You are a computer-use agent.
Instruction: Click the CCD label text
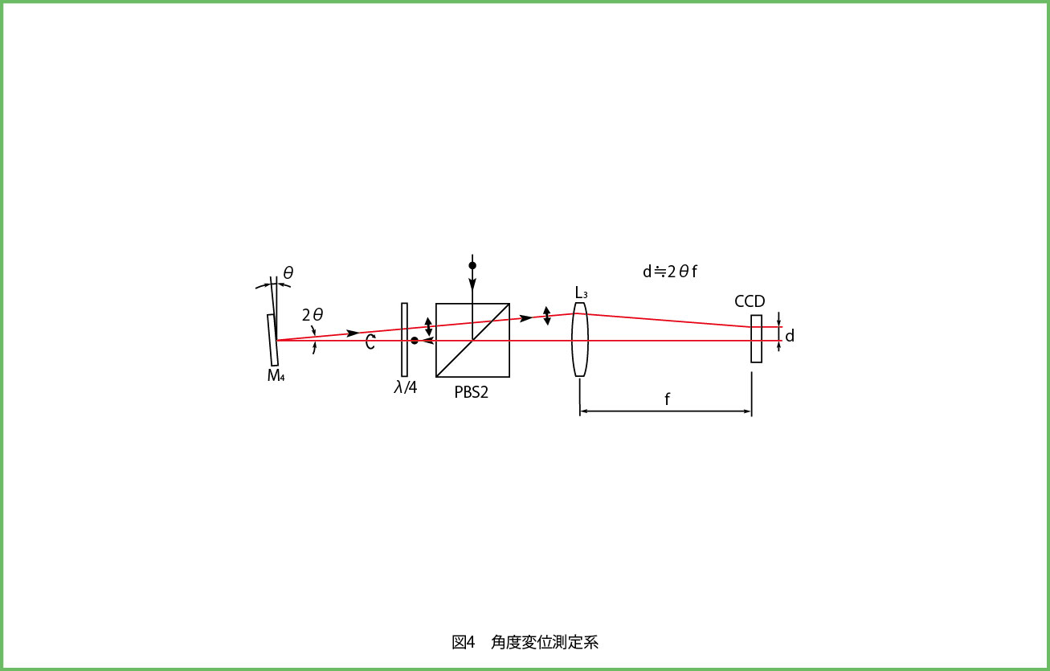click(750, 301)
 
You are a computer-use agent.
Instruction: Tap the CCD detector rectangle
click(756, 338)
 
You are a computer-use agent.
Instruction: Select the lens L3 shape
click(580, 339)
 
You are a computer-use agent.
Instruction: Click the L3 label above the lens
click(581, 293)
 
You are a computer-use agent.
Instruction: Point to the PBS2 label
click(471, 392)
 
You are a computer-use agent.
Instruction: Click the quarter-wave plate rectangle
click(405, 339)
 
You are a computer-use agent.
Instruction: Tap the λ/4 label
click(406, 387)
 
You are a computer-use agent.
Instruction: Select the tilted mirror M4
click(273, 340)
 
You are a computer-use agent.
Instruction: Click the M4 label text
click(276, 375)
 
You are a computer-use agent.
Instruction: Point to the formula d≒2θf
click(670, 272)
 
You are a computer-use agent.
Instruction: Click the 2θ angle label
click(313, 315)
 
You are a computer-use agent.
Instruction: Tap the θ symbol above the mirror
click(288, 272)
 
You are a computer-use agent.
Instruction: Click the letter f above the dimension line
click(667, 399)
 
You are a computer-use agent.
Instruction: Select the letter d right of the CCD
click(790, 336)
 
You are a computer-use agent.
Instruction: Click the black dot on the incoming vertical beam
click(472, 265)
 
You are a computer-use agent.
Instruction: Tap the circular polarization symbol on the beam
click(370, 342)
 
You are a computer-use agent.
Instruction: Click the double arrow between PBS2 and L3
click(546, 316)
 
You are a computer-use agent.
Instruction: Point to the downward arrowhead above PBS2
click(472, 284)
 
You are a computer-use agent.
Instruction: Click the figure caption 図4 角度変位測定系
click(525, 642)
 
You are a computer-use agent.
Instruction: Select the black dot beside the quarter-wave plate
click(415, 341)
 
